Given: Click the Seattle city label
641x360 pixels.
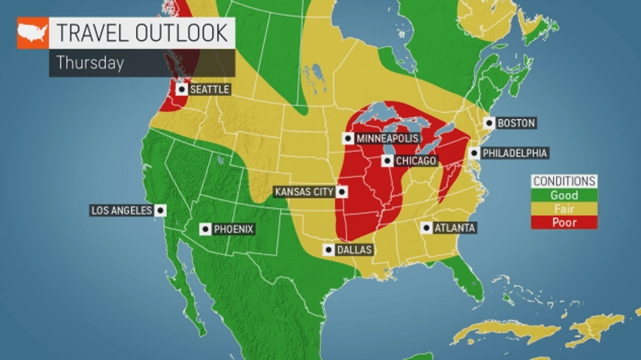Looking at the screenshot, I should click(x=209, y=89).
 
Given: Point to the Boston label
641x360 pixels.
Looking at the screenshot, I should click(x=516, y=123).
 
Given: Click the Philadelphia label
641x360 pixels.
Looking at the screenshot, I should click(x=515, y=153).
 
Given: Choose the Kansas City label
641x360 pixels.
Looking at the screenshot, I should click(x=304, y=192).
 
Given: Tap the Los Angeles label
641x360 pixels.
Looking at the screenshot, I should click(x=122, y=210).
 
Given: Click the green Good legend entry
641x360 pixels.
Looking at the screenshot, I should click(x=564, y=195).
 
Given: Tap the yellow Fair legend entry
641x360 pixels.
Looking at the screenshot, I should click(x=564, y=209).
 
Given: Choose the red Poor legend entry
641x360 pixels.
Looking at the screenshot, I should click(x=564, y=223).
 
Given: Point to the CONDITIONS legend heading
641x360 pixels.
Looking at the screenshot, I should click(x=564, y=181).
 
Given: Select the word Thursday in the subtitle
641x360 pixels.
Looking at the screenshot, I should click(x=90, y=63).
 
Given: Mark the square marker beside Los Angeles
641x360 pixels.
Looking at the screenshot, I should click(x=160, y=210).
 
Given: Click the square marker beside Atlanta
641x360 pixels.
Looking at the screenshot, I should click(x=426, y=228).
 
